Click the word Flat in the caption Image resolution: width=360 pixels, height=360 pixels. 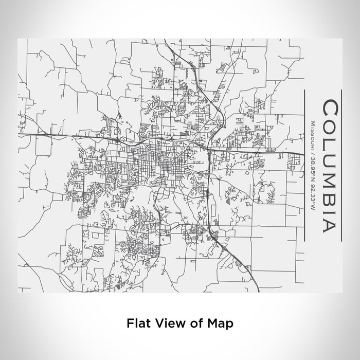click(x=136, y=323)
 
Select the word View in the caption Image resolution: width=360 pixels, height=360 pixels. click(x=166, y=323)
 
